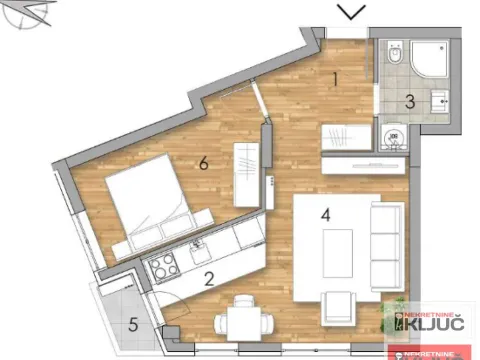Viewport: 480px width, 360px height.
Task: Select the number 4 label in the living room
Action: (x=325, y=211)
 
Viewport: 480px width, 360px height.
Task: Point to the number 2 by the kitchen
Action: (x=209, y=280)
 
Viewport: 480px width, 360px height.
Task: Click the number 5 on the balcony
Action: (x=134, y=324)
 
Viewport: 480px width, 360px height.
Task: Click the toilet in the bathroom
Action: (x=396, y=54)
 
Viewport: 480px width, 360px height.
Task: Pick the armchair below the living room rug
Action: (x=338, y=305)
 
